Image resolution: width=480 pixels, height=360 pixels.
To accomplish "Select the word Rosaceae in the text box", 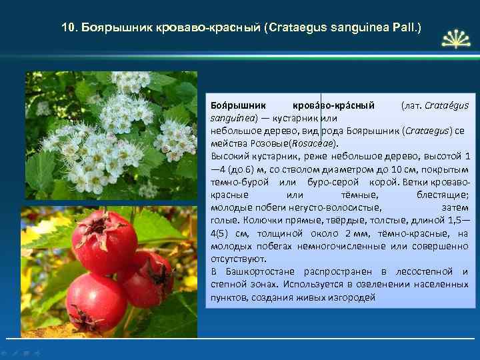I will [x=318, y=142].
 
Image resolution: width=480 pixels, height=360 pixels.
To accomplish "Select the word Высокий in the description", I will [x=227, y=155].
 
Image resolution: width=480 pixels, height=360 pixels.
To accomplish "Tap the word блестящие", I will [x=443, y=194].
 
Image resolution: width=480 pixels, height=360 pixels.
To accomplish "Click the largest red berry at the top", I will [x=104, y=241].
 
